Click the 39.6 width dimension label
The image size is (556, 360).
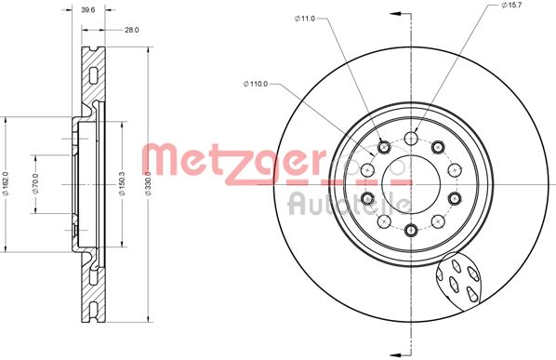click(87, 10)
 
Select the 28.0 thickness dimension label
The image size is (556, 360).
click(131, 30)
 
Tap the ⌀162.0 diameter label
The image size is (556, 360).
click(6, 183)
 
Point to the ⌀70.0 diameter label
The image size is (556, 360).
click(35, 183)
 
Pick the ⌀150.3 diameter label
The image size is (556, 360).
click(122, 183)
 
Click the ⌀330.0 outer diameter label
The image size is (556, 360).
click(148, 183)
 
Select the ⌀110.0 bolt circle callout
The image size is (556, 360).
click(256, 84)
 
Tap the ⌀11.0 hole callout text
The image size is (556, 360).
click(305, 19)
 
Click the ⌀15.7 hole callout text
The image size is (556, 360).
click(511, 5)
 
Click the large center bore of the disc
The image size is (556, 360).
click(411, 184)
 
